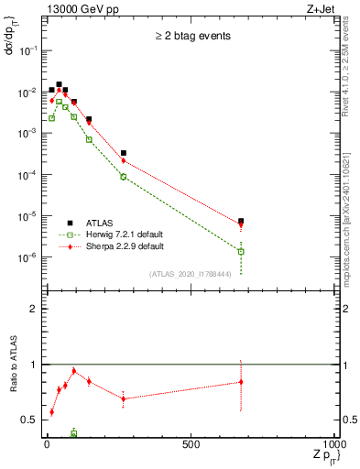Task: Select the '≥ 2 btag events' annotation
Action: (191, 38)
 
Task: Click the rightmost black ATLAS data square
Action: (240, 222)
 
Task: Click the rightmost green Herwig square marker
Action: (240, 251)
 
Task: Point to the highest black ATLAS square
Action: (60, 84)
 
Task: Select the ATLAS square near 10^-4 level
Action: (123, 153)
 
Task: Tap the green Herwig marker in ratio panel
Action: (73, 433)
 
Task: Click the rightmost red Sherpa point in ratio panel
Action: (240, 382)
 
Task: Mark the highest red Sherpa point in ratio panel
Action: (73, 371)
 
